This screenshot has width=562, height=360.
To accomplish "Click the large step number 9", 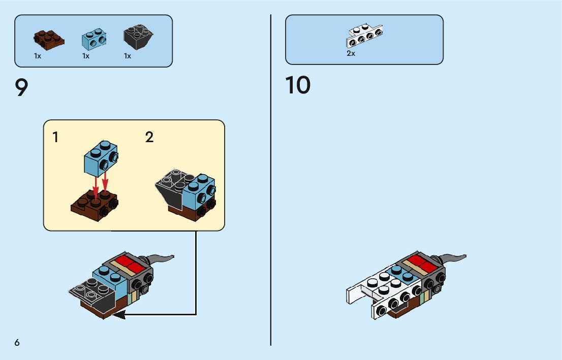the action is [x=22, y=88].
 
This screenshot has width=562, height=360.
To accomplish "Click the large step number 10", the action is [x=298, y=85].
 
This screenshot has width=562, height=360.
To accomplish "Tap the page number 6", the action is [x=17, y=343].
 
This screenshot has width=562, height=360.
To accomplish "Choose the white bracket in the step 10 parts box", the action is [x=364, y=36].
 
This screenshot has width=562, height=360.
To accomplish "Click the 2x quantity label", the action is [x=351, y=53].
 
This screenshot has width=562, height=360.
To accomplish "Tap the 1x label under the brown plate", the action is [x=38, y=56].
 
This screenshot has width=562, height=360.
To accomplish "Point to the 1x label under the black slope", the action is [x=128, y=56].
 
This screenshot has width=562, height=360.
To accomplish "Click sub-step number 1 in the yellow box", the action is [x=55, y=137].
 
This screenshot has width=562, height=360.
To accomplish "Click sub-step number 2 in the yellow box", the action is [x=149, y=137].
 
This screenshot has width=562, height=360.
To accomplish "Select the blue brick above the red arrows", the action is [x=100, y=158].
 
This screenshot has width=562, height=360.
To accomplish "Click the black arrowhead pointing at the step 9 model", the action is [x=119, y=315].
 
